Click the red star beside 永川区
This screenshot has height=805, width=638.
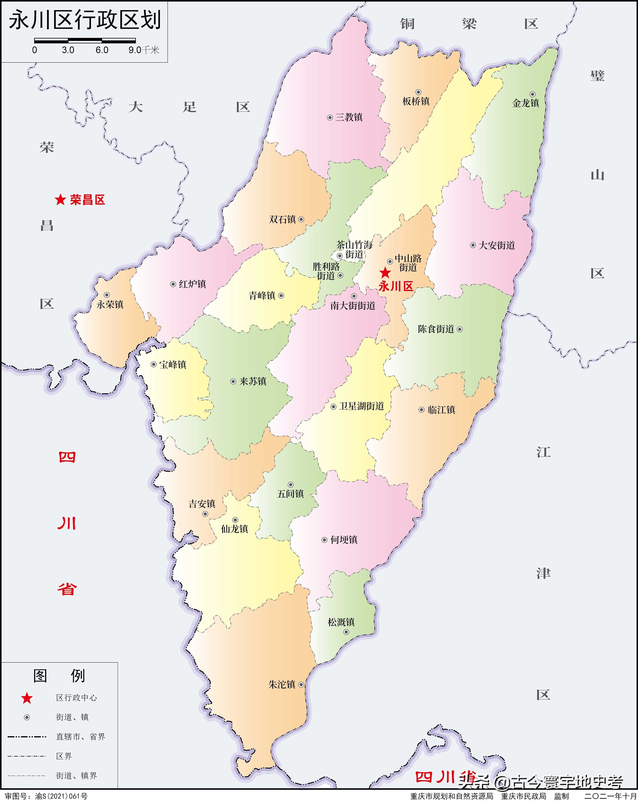[x=385, y=273]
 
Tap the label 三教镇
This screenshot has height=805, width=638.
[x=349, y=117]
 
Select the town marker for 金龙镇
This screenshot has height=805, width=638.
[x=532, y=94]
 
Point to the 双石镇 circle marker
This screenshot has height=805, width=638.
[x=301, y=219]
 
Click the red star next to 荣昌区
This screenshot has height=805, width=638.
[x=60, y=200]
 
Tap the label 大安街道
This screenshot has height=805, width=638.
[x=497, y=245]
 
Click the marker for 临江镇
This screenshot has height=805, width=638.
[x=421, y=410]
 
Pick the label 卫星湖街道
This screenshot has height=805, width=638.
[x=361, y=406]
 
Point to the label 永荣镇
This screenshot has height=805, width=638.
[x=110, y=305]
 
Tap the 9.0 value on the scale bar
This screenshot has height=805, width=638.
[x=134, y=50]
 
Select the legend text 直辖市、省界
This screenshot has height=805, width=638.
[x=80, y=737]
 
